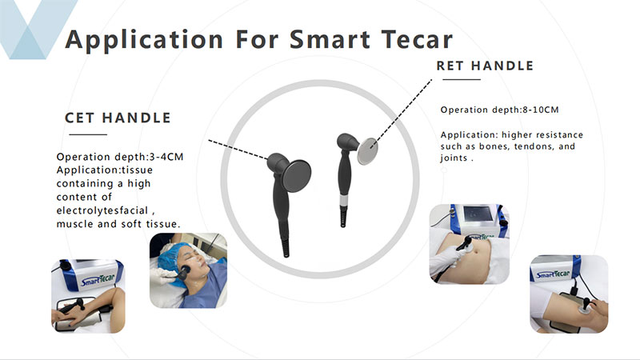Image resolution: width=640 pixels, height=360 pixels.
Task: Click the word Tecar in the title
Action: (x=417, y=39)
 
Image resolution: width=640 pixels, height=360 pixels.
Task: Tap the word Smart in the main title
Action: (x=330, y=39)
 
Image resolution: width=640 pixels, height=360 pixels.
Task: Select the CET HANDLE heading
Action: (x=118, y=118)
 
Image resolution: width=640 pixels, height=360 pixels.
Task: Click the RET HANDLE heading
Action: (x=485, y=66)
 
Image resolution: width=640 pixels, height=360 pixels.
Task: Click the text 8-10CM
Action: (x=541, y=110)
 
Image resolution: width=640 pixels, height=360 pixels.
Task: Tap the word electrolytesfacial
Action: (x=102, y=210)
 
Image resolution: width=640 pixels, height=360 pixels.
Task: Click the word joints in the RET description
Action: (x=454, y=158)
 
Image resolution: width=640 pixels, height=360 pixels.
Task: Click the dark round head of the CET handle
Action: (x=296, y=176)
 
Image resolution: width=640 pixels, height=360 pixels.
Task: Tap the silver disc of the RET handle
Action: (x=367, y=151)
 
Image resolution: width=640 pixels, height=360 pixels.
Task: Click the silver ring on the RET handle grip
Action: (x=345, y=201)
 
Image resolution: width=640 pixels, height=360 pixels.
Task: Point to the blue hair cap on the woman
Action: (x=172, y=256)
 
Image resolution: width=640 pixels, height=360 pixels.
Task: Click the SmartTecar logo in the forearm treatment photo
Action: (x=98, y=279)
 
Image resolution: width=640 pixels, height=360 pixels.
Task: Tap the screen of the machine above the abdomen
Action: (x=478, y=214)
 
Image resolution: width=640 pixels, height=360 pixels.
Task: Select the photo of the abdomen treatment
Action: (x=470, y=244)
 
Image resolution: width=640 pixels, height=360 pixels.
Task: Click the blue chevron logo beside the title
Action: (x=38, y=30)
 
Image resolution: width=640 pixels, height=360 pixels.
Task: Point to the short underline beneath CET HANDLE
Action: (x=88, y=134)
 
